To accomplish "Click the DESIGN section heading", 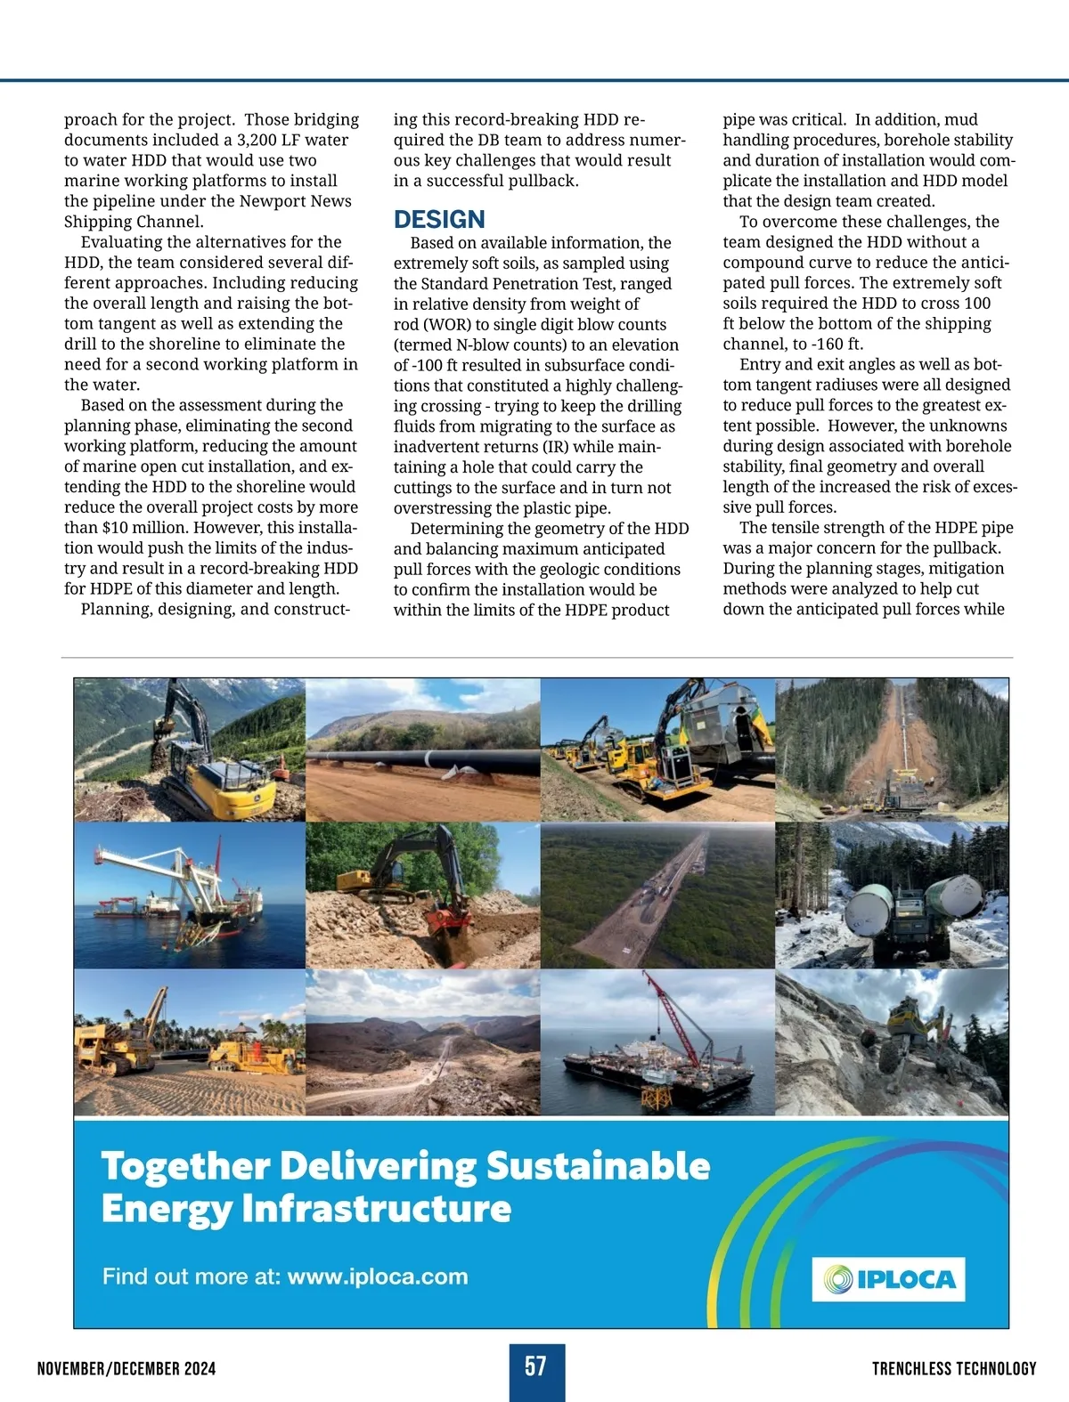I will tap(439, 220).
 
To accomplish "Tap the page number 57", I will tap(535, 1366).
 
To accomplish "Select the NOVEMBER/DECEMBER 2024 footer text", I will tap(126, 1369).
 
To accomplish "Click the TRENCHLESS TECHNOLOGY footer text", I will tap(954, 1369).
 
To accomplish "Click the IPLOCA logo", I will tap(888, 1279).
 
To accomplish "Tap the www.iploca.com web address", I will tap(378, 1276).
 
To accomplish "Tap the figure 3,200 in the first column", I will tap(260, 141).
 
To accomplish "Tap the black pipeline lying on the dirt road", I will tap(419, 763).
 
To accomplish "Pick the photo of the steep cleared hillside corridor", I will tap(893, 750).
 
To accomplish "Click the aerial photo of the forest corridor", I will tap(657, 895).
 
